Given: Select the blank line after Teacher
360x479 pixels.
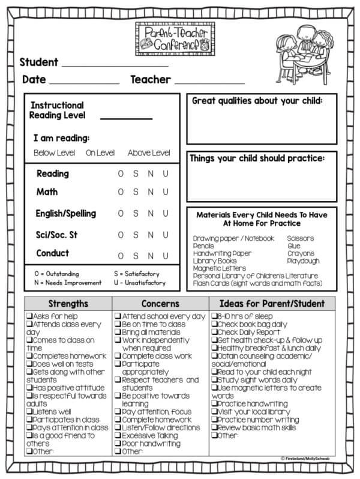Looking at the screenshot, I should [209, 83].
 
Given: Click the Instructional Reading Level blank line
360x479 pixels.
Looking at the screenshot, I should [126, 118].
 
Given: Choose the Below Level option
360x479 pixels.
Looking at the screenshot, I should [54, 153].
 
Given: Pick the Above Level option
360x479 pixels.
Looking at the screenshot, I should [149, 153].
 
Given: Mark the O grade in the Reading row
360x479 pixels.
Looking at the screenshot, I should [121, 174].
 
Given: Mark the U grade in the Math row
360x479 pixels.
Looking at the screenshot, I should [166, 193].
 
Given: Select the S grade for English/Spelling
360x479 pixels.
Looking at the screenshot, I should [136, 213].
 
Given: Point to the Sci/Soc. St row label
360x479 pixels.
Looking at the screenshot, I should [57, 234].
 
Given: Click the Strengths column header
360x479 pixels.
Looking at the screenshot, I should [68, 304].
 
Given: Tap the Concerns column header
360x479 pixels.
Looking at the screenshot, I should [160, 304].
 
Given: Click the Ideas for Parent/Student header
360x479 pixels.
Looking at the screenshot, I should [272, 304].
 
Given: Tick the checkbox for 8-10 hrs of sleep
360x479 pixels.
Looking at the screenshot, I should [214, 316].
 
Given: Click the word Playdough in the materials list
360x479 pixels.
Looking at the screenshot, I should [303, 261].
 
